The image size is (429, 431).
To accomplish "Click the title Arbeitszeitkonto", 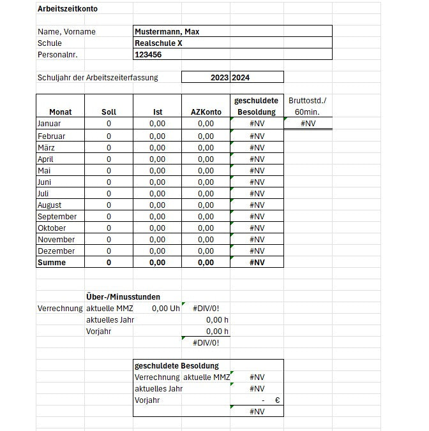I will coord(68,9).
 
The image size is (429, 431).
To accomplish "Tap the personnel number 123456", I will coord(148,55).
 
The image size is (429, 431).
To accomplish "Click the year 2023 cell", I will coord(219,78).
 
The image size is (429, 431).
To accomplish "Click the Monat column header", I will coord(60,112).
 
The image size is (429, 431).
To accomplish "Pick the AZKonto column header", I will coord(206,112).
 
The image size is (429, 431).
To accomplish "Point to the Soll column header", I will coord(109,112).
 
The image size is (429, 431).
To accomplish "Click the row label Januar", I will coord(49,124).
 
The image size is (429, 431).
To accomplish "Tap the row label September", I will coord(57,217).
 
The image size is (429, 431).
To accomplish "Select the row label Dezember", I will coord(56,251).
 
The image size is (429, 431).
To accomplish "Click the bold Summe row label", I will coord(52,263).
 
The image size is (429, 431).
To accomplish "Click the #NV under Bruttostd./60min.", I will coord(307,124).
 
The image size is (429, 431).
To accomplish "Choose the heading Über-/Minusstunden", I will coord(123,297).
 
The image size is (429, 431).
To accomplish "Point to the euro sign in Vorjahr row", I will coord(278,400).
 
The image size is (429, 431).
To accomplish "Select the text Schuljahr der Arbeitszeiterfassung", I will coord(98,78).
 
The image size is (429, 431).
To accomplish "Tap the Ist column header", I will coord(157,112).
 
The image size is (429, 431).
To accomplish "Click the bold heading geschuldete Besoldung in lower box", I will coord(177,366).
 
